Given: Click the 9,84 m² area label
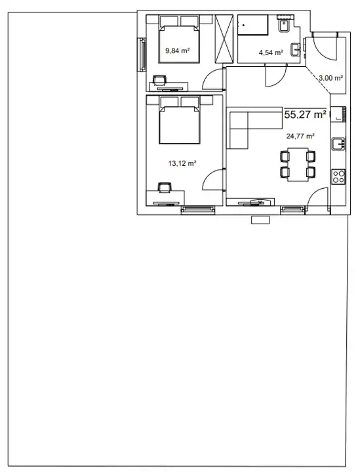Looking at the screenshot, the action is point(177,50).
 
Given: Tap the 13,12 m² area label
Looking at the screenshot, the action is point(182,163).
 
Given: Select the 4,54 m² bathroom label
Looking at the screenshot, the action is point(271,52).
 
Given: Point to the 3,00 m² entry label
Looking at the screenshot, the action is point(330,78).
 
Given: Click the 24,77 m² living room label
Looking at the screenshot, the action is point(300,136).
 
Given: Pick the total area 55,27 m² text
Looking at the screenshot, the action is point(305,115).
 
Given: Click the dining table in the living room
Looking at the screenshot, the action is point(298,165).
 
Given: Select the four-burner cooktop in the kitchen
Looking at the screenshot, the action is point(338,177).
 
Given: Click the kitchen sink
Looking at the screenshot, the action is point(338,144).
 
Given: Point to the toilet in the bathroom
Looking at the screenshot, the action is point(284,25).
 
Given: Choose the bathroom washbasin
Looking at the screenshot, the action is point(295,50).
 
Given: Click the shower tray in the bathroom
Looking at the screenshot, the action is point(253,26).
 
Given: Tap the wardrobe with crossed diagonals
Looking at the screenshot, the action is point(224,39).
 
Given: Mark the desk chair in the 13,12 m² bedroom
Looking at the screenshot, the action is point(165,187).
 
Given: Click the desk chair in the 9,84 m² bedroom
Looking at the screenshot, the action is point(160,80).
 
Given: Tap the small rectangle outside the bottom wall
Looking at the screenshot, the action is point(261,220).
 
